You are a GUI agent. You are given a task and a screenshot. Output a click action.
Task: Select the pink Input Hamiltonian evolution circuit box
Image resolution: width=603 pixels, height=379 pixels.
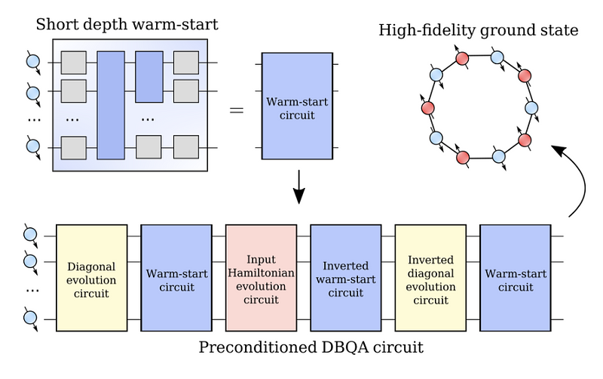click(261, 278)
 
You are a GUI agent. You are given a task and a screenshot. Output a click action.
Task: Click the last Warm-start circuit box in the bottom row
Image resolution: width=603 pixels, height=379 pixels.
click(515, 278)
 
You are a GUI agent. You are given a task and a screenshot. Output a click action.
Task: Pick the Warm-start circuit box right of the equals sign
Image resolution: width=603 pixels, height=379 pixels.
click(298, 106)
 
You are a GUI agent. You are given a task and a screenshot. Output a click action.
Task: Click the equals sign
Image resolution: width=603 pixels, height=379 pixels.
click(237, 110)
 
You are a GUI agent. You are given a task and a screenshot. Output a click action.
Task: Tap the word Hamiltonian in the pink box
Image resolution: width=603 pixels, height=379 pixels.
click(261, 273)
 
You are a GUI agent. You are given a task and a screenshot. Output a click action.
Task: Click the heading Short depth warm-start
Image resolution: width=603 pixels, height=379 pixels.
click(127, 25)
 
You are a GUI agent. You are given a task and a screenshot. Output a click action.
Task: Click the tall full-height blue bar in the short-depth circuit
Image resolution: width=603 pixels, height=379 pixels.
click(110, 105)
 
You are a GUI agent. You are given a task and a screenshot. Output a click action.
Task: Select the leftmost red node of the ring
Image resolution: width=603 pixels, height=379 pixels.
click(427, 108)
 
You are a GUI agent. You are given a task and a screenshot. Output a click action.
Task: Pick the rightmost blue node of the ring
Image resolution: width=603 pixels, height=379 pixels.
click(531, 108)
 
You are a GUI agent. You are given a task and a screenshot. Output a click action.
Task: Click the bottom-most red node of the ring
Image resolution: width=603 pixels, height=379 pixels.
click(464, 157)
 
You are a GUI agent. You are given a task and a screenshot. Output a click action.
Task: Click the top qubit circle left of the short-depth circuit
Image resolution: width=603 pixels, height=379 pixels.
click(32, 63)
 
